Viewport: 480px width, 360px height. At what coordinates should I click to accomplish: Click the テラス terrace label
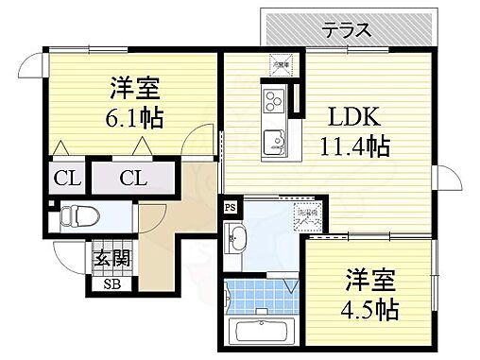coord(349,31)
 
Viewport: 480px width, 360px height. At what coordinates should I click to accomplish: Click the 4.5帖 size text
coord(369,308)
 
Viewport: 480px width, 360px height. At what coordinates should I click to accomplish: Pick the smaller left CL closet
coord(65,177)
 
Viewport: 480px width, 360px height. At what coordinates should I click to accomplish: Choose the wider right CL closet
coord(133,177)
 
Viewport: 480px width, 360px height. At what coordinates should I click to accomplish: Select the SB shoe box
coord(111,282)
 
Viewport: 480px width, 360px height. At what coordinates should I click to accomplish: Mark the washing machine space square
coord(307,216)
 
